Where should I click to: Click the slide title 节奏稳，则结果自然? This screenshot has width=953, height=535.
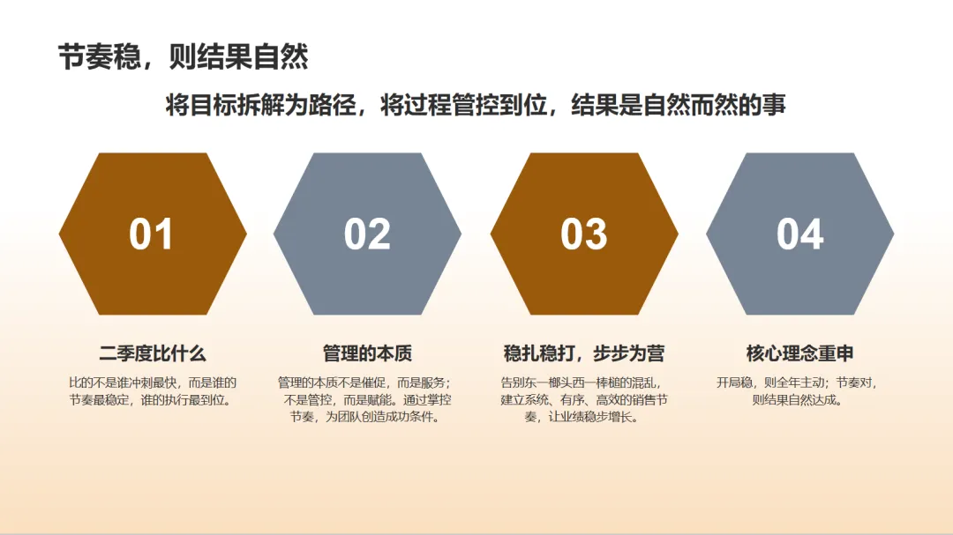point(183,57)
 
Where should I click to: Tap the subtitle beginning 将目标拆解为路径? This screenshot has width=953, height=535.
point(476,106)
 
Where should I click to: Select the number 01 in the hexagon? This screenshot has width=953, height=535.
point(151,234)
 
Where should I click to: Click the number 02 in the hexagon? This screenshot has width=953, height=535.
point(367,234)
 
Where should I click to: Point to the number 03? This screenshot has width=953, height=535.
point(583,234)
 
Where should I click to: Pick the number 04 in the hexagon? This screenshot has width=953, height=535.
point(799,234)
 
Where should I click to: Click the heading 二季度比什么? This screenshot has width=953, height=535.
point(153,354)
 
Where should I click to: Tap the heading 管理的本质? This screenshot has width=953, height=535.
point(367,354)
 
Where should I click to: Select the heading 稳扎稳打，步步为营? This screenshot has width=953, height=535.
point(583,354)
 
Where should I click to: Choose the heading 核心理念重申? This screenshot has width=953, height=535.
point(799,354)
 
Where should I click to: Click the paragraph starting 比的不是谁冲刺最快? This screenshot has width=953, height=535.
point(153,391)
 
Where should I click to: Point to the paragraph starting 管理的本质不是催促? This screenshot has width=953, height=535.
point(367,400)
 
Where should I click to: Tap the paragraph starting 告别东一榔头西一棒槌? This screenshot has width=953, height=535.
point(583,400)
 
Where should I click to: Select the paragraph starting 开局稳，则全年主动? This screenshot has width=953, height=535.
point(799,391)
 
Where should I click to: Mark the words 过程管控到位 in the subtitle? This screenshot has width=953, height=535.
point(458,106)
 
